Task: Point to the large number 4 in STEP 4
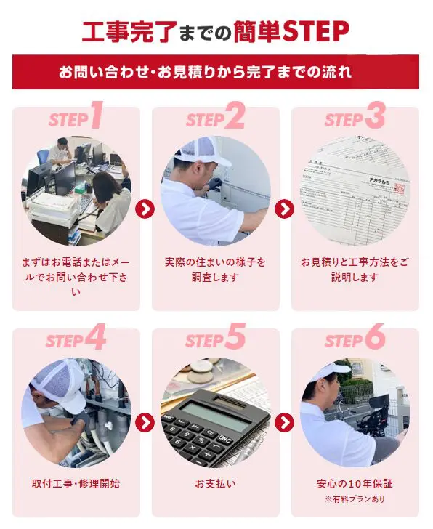click(x=98, y=338)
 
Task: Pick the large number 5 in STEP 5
click(x=235, y=338)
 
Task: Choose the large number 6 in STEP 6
click(x=375, y=338)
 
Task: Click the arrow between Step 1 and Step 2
click(x=145, y=209)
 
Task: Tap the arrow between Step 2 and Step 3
click(x=285, y=209)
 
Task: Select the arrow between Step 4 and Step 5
click(x=145, y=422)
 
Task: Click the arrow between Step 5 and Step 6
click(x=285, y=422)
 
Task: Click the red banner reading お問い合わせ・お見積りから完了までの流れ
click(x=216, y=73)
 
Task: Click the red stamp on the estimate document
click(x=397, y=188)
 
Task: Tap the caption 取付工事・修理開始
click(x=76, y=483)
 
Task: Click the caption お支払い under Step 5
click(x=215, y=483)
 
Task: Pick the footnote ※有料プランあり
click(x=355, y=499)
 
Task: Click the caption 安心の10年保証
click(x=355, y=483)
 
